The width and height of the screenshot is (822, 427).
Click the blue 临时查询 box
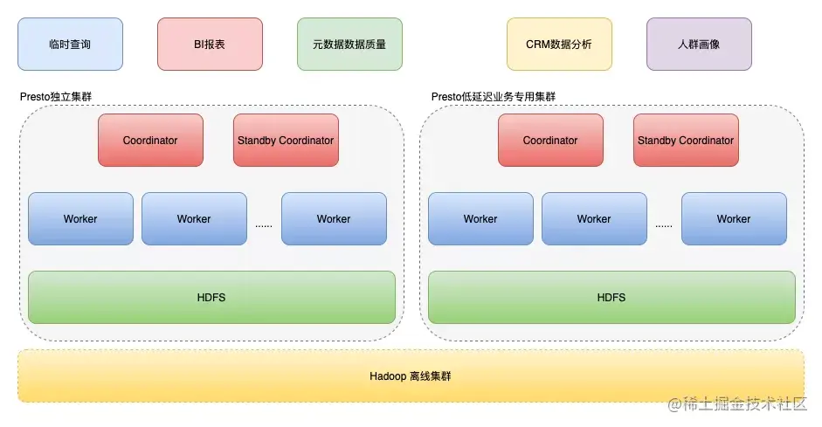(x=70, y=44)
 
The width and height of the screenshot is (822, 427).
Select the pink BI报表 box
(x=210, y=44)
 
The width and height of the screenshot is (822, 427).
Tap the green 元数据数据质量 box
(x=349, y=44)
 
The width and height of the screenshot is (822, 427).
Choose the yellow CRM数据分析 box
(x=559, y=44)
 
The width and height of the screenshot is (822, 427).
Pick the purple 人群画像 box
(x=699, y=44)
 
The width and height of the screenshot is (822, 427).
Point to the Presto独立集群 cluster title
(x=56, y=96)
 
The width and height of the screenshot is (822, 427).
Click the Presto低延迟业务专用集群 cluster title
(x=494, y=96)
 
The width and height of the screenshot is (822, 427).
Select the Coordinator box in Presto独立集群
(x=150, y=140)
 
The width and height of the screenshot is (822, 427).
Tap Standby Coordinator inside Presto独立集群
(x=286, y=140)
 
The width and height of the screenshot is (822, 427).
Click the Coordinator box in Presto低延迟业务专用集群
(x=550, y=140)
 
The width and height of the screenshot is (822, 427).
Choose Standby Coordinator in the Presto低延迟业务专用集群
(x=686, y=140)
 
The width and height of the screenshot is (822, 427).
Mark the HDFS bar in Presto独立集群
(x=211, y=297)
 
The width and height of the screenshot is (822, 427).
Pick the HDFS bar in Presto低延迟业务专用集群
(x=611, y=297)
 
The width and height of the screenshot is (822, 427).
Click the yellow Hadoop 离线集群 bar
(x=411, y=376)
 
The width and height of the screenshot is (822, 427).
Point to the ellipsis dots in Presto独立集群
(x=264, y=224)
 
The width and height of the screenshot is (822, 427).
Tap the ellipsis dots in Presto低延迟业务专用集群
(x=664, y=224)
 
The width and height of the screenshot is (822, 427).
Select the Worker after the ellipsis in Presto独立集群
(x=334, y=218)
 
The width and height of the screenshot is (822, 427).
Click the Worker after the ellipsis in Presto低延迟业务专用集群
(x=734, y=218)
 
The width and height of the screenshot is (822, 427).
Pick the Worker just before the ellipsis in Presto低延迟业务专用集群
(x=594, y=218)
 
